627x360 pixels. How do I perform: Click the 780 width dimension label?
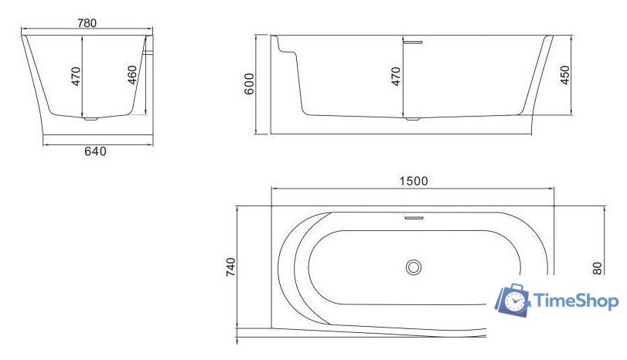(87, 23)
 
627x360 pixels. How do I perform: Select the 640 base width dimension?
(94, 151)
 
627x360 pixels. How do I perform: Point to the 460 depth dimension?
(132, 75)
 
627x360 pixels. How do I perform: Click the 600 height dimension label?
(249, 83)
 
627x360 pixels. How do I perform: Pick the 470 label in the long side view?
(396, 76)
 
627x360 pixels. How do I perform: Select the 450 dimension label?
(564, 75)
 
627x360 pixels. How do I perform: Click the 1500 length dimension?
(414, 181)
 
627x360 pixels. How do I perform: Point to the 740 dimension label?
(230, 267)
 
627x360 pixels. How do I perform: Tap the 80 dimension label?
(597, 267)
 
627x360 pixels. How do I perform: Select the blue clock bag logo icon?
(513, 301)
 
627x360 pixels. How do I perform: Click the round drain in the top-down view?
(414, 267)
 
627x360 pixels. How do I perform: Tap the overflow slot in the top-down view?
(414, 218)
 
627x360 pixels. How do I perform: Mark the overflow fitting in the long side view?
(414, 42)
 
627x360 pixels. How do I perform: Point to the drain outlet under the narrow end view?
(91, 119)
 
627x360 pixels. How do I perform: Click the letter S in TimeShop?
(578, 301)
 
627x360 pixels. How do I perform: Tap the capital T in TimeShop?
(540, 301)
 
